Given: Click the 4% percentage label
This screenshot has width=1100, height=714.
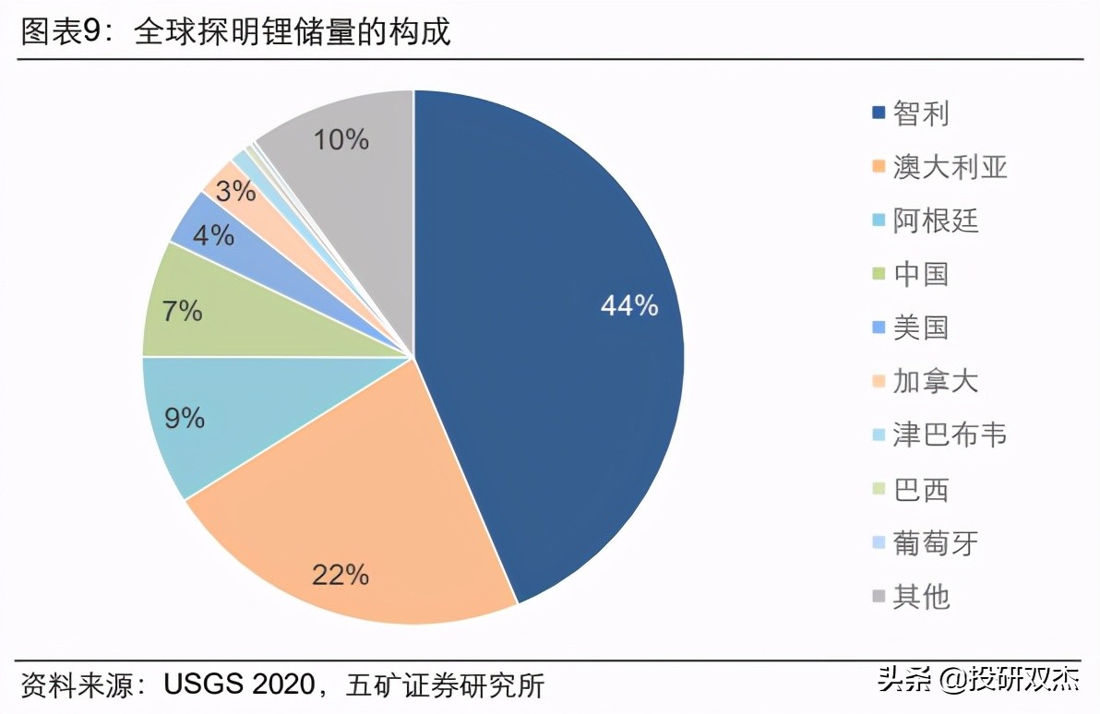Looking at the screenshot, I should point(213,235).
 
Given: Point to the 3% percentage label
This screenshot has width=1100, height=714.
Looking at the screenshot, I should point(235,192).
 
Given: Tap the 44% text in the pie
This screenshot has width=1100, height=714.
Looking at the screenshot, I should point(629,305).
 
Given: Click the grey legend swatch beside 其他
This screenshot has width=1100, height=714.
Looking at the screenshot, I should point(879,597).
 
